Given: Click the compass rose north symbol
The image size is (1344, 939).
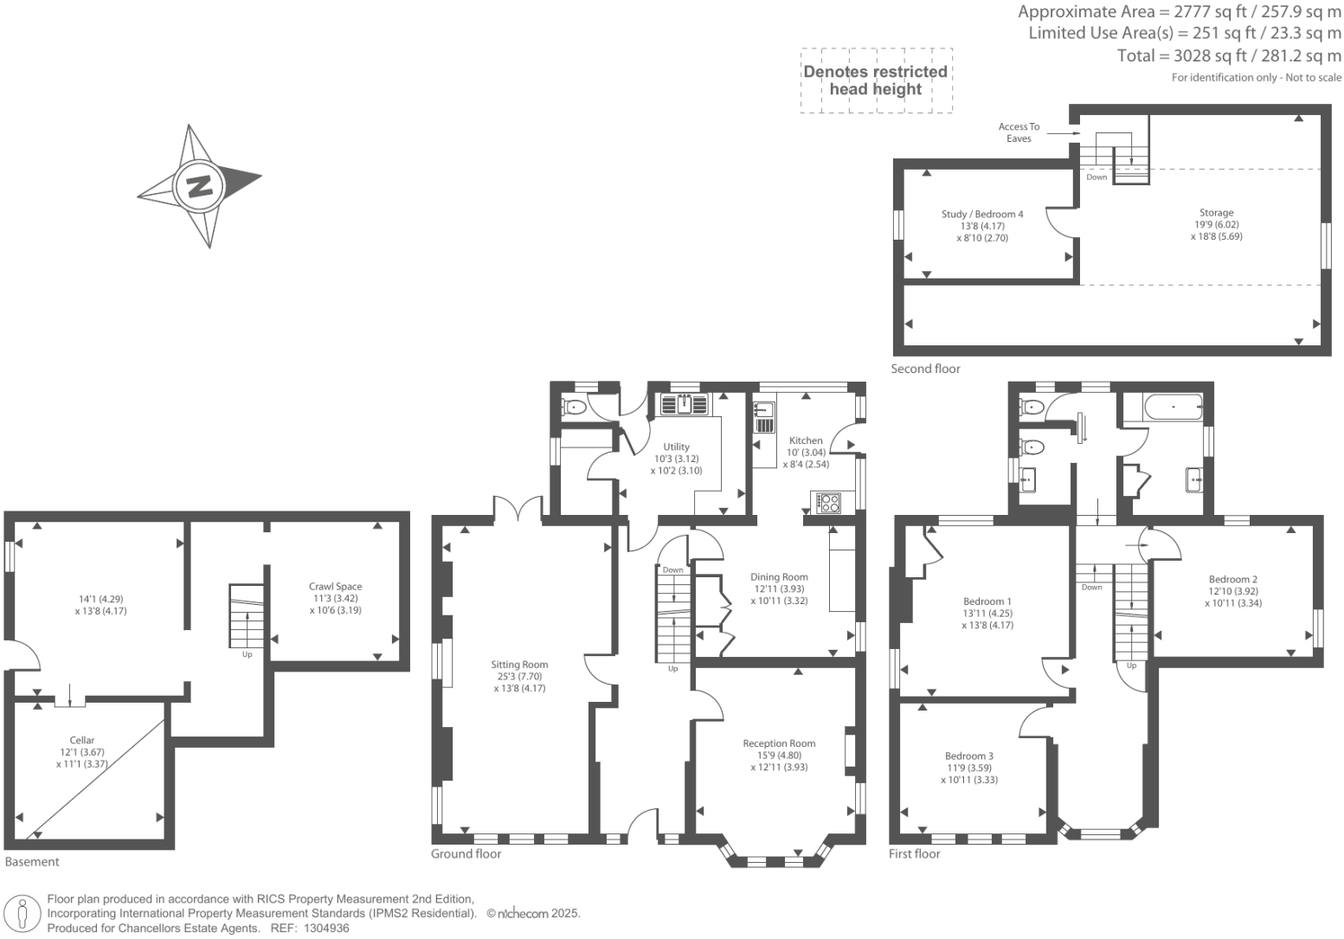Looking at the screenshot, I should coord(200,185).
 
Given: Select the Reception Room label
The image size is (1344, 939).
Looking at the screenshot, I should coord(779,743).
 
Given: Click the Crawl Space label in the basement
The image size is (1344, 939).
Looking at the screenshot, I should coord(336,587).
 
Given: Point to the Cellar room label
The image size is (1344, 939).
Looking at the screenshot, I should coord(82,741).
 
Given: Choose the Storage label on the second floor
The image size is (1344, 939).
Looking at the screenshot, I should coord(1216,213).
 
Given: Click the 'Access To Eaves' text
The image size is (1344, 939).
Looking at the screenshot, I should coord(1019,132).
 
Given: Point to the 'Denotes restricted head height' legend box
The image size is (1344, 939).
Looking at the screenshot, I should coord(876,80).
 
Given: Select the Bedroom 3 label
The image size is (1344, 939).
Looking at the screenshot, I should coord(968,756).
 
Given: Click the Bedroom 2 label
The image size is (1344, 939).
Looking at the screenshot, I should coord(1232,580).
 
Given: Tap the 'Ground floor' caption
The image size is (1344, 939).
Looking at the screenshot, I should coord(466,854).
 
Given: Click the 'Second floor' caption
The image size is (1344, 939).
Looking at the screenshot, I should coord(925,369).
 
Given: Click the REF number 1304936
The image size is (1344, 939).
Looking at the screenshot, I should coord(323,928).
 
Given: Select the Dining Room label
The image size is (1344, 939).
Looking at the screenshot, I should coord(779,577).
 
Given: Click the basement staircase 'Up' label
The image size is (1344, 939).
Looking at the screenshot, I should coord(247,654).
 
